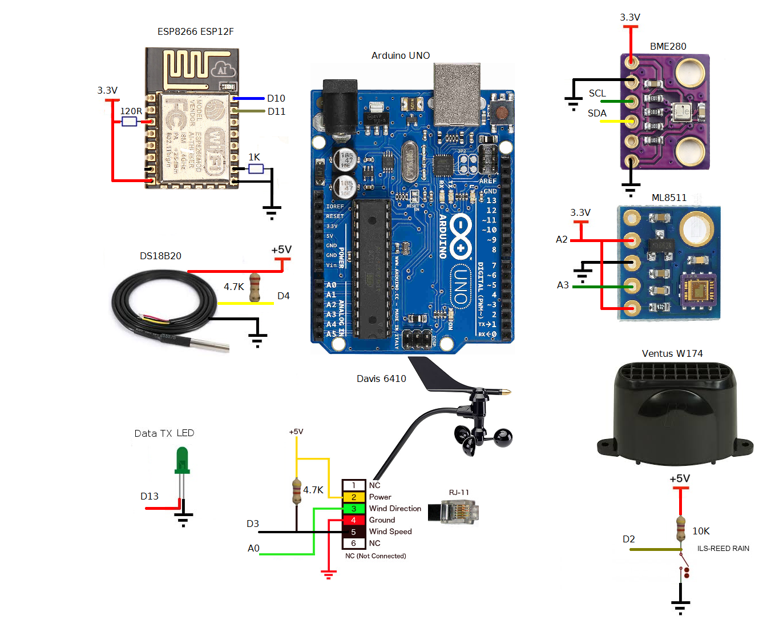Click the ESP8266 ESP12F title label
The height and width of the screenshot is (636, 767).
195,31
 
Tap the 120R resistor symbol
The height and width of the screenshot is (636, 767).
130,121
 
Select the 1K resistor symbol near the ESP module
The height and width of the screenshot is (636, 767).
256,168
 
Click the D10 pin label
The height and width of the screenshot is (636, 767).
276,98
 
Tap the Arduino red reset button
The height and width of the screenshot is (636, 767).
502,112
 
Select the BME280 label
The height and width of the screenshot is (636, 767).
668,46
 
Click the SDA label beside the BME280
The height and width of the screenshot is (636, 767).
597,113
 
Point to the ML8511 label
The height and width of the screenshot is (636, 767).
669,198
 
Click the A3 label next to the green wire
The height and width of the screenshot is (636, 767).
563,285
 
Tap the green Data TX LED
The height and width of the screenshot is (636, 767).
182,460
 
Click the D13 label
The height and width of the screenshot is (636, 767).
150,496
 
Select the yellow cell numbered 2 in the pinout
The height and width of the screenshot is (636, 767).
353,497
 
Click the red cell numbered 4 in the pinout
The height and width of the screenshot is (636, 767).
353,520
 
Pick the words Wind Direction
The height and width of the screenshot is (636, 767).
395,508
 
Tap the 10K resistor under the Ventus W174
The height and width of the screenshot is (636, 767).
680,529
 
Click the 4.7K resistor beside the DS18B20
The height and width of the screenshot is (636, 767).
255,287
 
